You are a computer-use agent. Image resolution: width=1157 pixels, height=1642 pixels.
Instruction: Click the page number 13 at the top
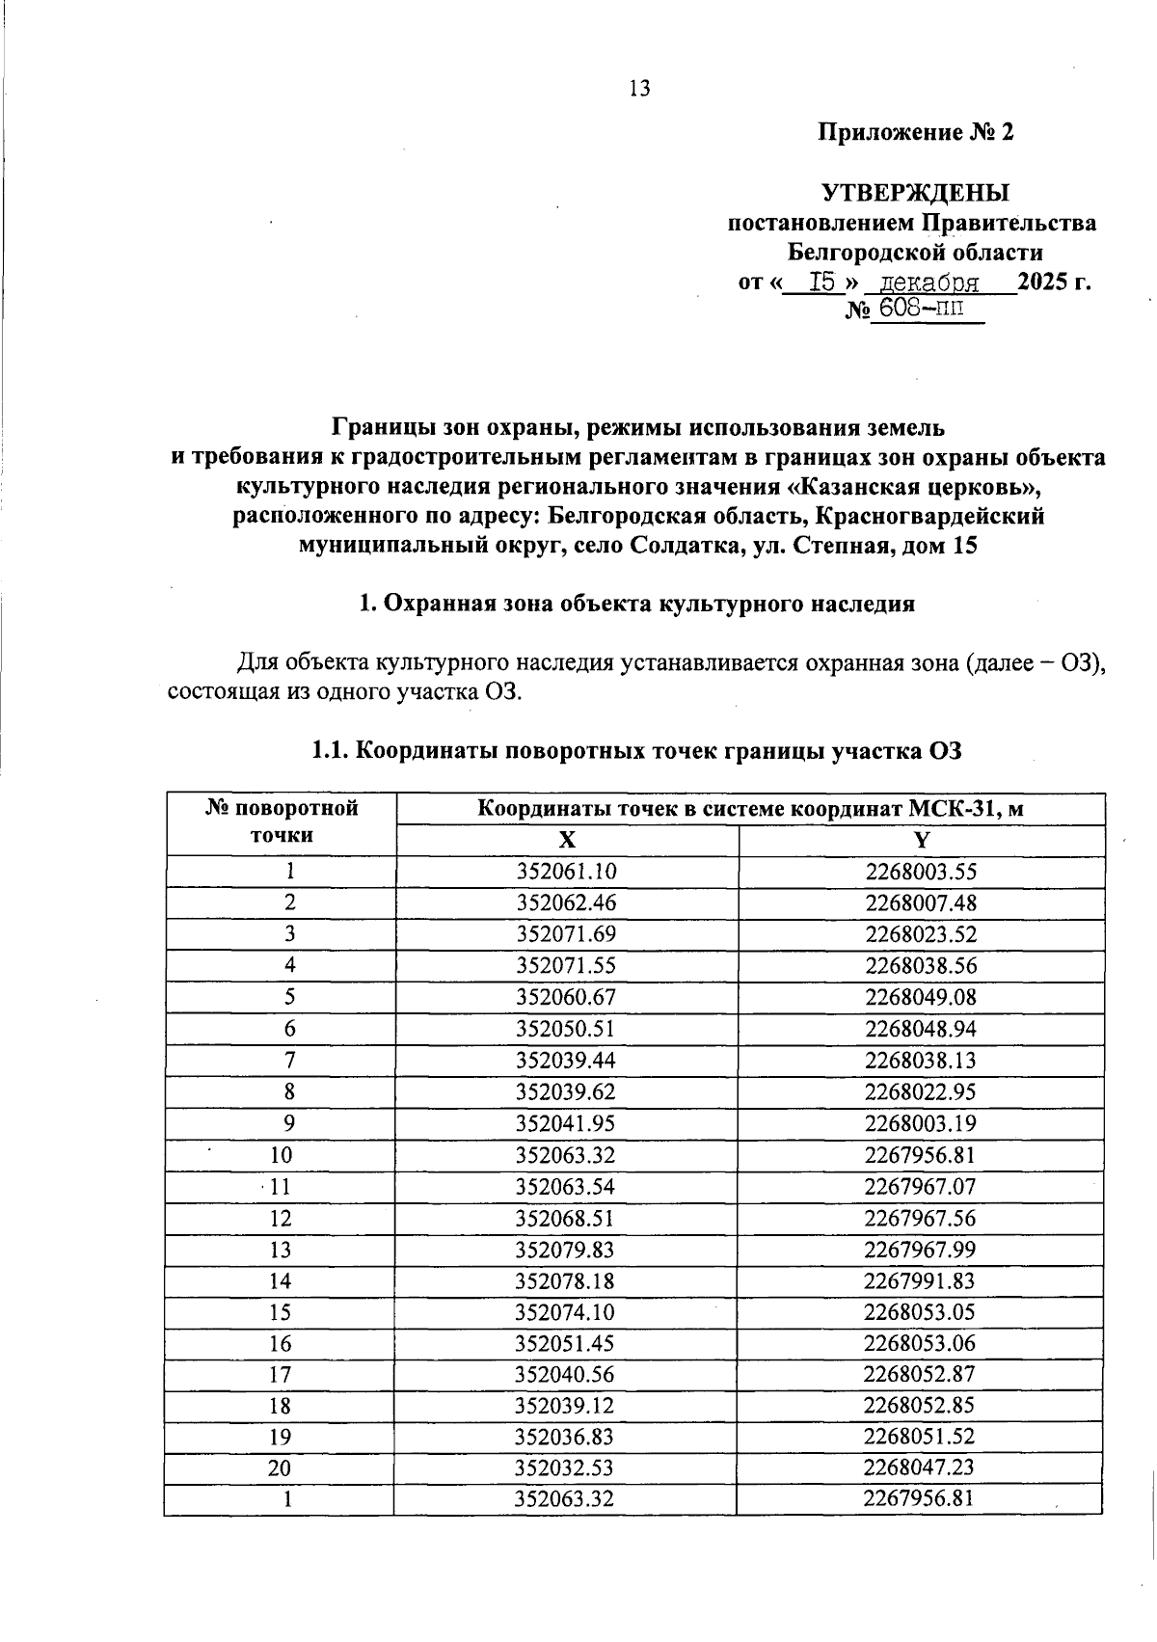(639, 89)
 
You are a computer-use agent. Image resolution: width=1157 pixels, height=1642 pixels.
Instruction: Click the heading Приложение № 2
(915, 132)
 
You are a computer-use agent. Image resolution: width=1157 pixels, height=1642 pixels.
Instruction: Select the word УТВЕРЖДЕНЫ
(915, 192)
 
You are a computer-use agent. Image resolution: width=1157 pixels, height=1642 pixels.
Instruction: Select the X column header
(568, 840)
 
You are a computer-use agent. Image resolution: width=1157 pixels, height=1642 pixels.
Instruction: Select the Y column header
(921, 840)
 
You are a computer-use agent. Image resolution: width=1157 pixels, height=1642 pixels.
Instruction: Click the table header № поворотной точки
(282, 821)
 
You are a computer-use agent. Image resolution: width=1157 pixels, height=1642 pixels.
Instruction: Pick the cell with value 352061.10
(566, 872)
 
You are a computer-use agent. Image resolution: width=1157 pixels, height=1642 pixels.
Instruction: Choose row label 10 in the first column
(281, 1155)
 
